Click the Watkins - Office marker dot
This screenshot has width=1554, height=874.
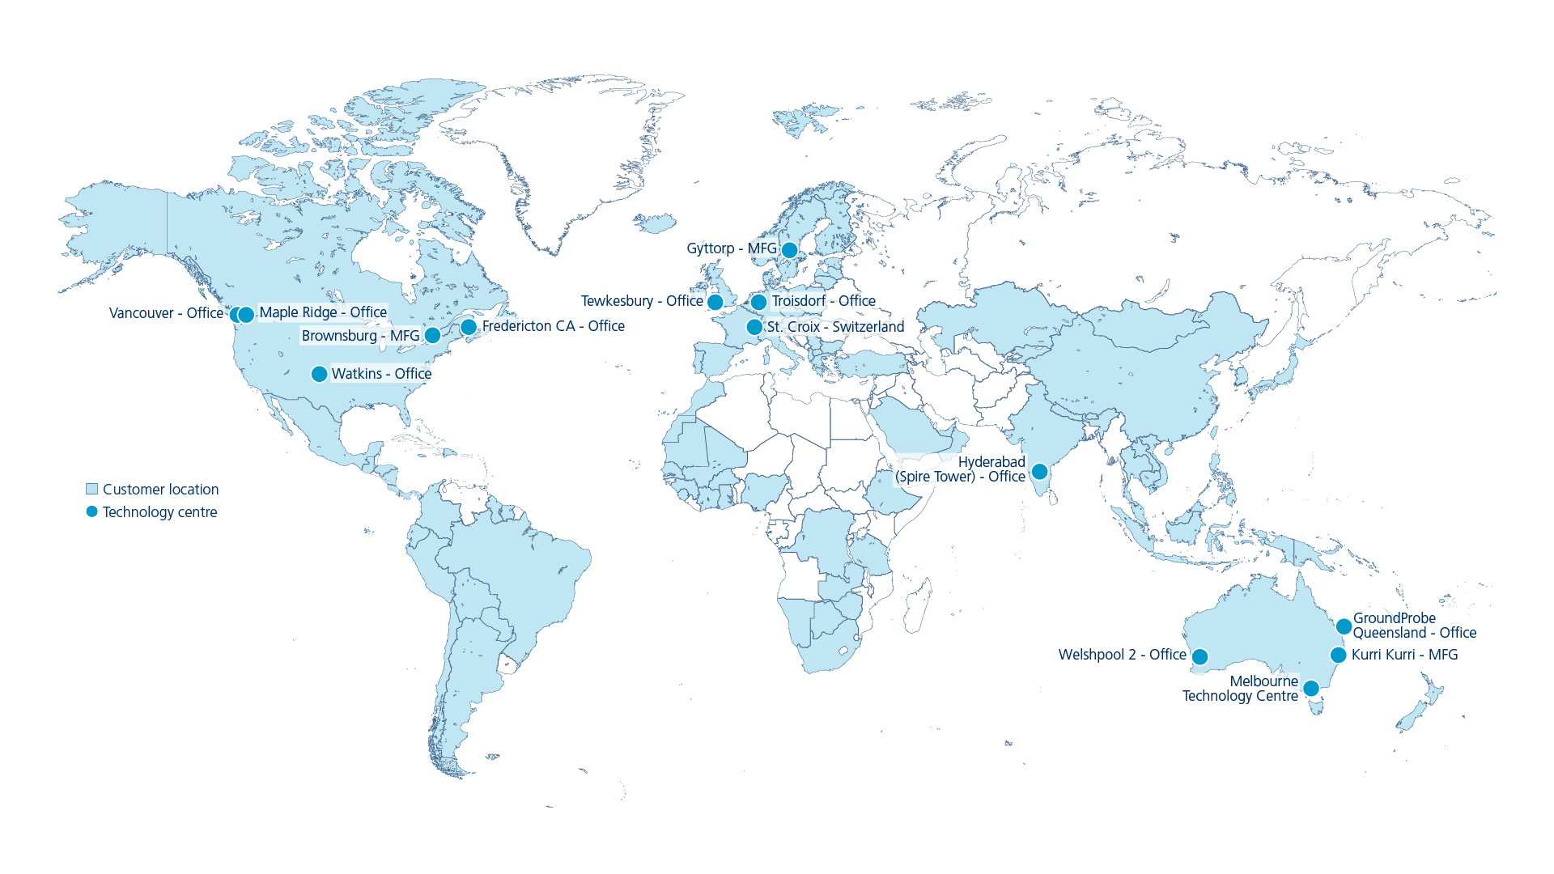click(x=319, y=374)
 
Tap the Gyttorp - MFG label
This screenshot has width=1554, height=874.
click(x=731, y=248)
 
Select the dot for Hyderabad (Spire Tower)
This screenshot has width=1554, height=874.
click(x=1039, y=471)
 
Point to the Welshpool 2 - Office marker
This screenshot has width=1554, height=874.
click(x=1200, y=656)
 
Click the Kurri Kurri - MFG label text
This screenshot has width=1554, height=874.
click(x=1404, y=655)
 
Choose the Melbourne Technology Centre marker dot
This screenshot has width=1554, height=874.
click(x=1311, y=689)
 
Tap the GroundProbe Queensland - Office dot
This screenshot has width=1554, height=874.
click(x=1344, y=626)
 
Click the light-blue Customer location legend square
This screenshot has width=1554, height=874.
click(x=92, y=489)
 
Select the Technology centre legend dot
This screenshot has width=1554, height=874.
click(x=92, y=511)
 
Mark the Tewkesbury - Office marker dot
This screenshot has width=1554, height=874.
click(x=715, y=302)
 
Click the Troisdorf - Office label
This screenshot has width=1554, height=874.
click(x=823, y=301)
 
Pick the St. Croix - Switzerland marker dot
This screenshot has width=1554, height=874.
click(x=754, y=327)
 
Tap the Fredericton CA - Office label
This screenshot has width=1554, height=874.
click(x=553, y=326)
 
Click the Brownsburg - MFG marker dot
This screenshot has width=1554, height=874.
click(x=432, y=335)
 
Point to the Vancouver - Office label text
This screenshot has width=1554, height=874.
click(x=166, y=313)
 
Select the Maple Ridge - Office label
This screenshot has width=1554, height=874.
click(x=323, y=312)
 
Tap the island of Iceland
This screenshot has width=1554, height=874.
click(x=654, y=222)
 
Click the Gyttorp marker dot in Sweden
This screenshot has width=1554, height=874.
click(x=789, y=250)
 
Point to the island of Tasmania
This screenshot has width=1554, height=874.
click(x=1317, y=707)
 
